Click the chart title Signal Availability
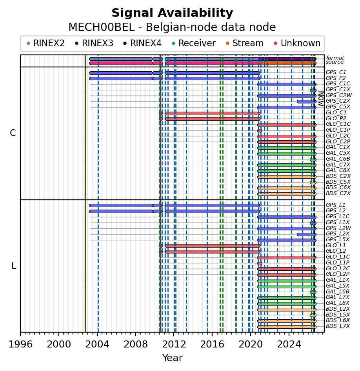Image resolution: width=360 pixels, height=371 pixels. click(172, 13)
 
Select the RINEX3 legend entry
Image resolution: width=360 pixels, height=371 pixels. click(94, 43)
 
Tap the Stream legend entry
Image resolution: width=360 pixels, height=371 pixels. click(245, 43)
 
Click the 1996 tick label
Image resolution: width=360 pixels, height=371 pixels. click(20, 344)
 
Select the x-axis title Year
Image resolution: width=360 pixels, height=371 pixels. click(172, 358)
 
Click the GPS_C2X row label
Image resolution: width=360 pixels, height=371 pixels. click(338, 101)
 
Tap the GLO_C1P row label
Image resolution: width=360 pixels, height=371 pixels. click(338, 130)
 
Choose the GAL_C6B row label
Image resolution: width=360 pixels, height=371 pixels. click(338, 159)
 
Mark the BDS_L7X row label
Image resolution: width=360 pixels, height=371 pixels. click(338, 326)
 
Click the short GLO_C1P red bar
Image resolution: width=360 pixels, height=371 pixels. click(260, 130)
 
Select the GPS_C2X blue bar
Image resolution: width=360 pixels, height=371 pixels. click(307, 102)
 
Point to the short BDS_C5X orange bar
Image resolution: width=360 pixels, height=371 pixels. click(313, 183)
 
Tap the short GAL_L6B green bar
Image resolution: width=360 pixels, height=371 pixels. click(313, 292)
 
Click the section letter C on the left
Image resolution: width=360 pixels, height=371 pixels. click(13, 133)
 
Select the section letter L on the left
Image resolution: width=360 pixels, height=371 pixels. click(14, 266)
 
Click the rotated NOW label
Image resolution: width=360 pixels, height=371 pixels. click(321, 99)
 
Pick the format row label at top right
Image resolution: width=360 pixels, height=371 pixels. click(335, 58)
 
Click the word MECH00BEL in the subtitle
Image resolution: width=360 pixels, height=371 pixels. click(101, 27)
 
